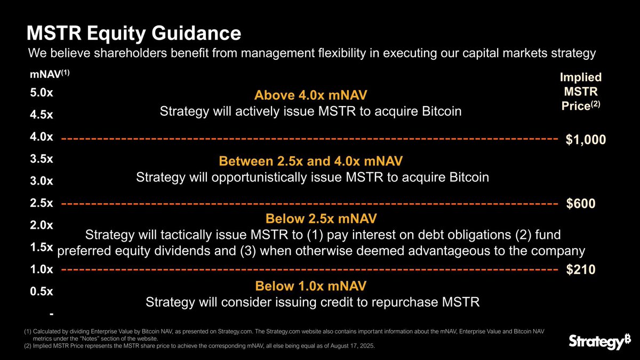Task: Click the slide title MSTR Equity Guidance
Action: pyautogui.click(x=134, y=34)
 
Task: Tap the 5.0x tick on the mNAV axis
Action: pyautogui.click(x=42, y=92)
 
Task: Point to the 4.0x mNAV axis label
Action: pyautogui.click(x=42, y=137)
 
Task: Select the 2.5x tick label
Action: pyautogui.click(x=42, y=203)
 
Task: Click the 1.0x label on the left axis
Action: pyautogui.click(x=42, y=269)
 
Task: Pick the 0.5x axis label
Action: pyautogui.click(x=42, y=291)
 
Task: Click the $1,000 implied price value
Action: pyautogui.click(x=586, y=140)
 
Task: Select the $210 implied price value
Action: pyautogui.click(x=580, y=270)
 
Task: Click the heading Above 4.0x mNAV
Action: pyautogui.click(x=311, y=95)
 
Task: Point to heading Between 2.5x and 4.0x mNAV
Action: pyautogui.click(x=311, y=161)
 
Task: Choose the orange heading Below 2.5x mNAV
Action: pyautogui.click(x=321, y=219)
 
